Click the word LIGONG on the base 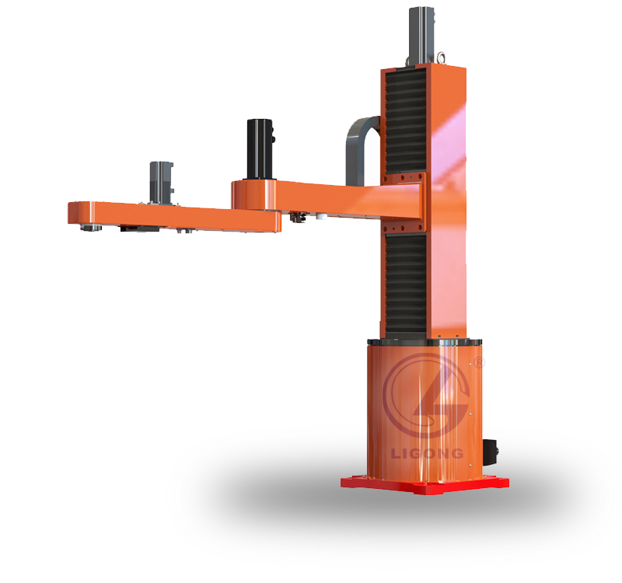pos(427,453)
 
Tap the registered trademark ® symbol pos(480,362)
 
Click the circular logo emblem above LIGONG pos(426,396)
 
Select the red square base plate pos(425,485)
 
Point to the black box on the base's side pos(491,452)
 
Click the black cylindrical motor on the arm pos(260,149)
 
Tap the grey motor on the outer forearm pos(162,183)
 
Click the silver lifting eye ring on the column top pos(441,58)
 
